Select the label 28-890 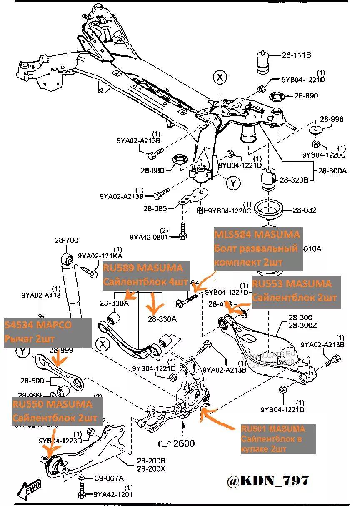[306, 96]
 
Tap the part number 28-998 [332, 119]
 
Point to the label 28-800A [332, 170]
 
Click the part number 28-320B [294, 180]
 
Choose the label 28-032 [304, 210]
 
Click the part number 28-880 [152, 170]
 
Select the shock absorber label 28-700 [67, 240]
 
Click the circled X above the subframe [220, 77]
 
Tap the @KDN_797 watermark [268, 481]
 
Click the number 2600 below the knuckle [184, 443]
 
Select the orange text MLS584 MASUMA [257, 235]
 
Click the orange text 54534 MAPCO [38, 325]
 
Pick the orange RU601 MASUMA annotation [272, 429]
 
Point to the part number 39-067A [110, 478]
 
